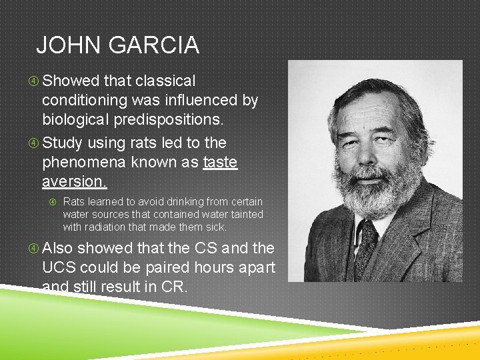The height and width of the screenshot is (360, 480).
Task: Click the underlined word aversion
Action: click(x=74, y=181)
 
